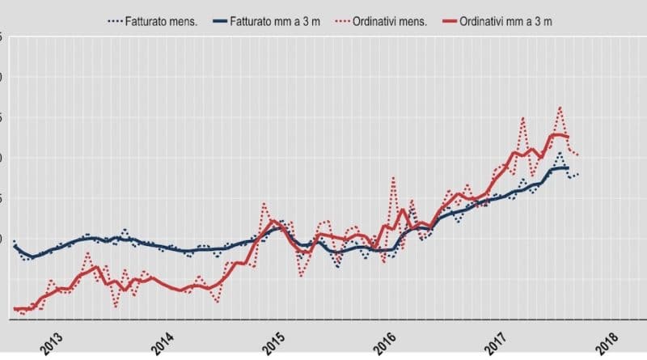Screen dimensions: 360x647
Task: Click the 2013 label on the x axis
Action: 51,341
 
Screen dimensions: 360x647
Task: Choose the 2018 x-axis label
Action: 611,341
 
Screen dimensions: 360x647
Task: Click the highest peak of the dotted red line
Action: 560,107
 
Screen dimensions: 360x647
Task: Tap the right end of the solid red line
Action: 567,137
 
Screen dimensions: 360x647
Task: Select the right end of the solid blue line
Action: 568,168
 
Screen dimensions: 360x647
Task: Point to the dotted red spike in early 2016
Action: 393,178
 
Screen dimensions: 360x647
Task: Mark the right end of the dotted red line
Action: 577,155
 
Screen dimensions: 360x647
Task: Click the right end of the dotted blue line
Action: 577,174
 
